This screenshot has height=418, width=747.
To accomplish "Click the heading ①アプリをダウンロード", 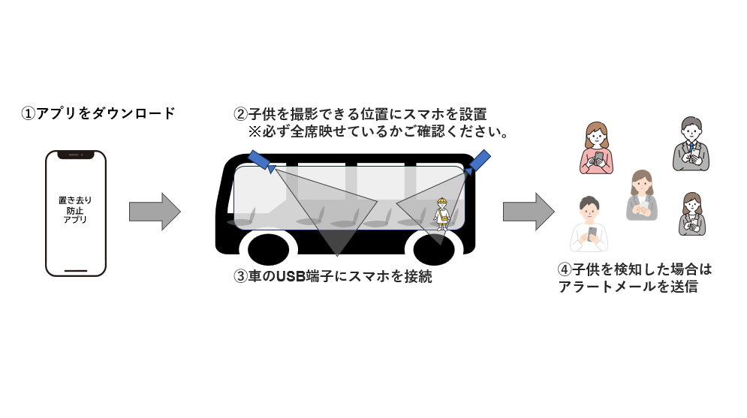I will click(98, 114).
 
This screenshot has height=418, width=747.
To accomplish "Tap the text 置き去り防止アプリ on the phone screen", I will click(76, 210).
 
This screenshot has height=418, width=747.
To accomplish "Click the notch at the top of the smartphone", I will click(76, 155).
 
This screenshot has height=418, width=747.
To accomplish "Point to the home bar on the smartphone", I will click(76, 269).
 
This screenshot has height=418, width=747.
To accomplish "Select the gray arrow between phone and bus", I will click(155, 212).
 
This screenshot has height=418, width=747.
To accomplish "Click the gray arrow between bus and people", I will click(528, 212).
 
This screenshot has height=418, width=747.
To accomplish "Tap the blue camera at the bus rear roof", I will click(479, 160).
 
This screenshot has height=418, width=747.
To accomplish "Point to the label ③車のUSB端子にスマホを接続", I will click(333, 277).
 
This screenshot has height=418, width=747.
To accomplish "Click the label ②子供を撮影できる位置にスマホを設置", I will click(360, 115).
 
